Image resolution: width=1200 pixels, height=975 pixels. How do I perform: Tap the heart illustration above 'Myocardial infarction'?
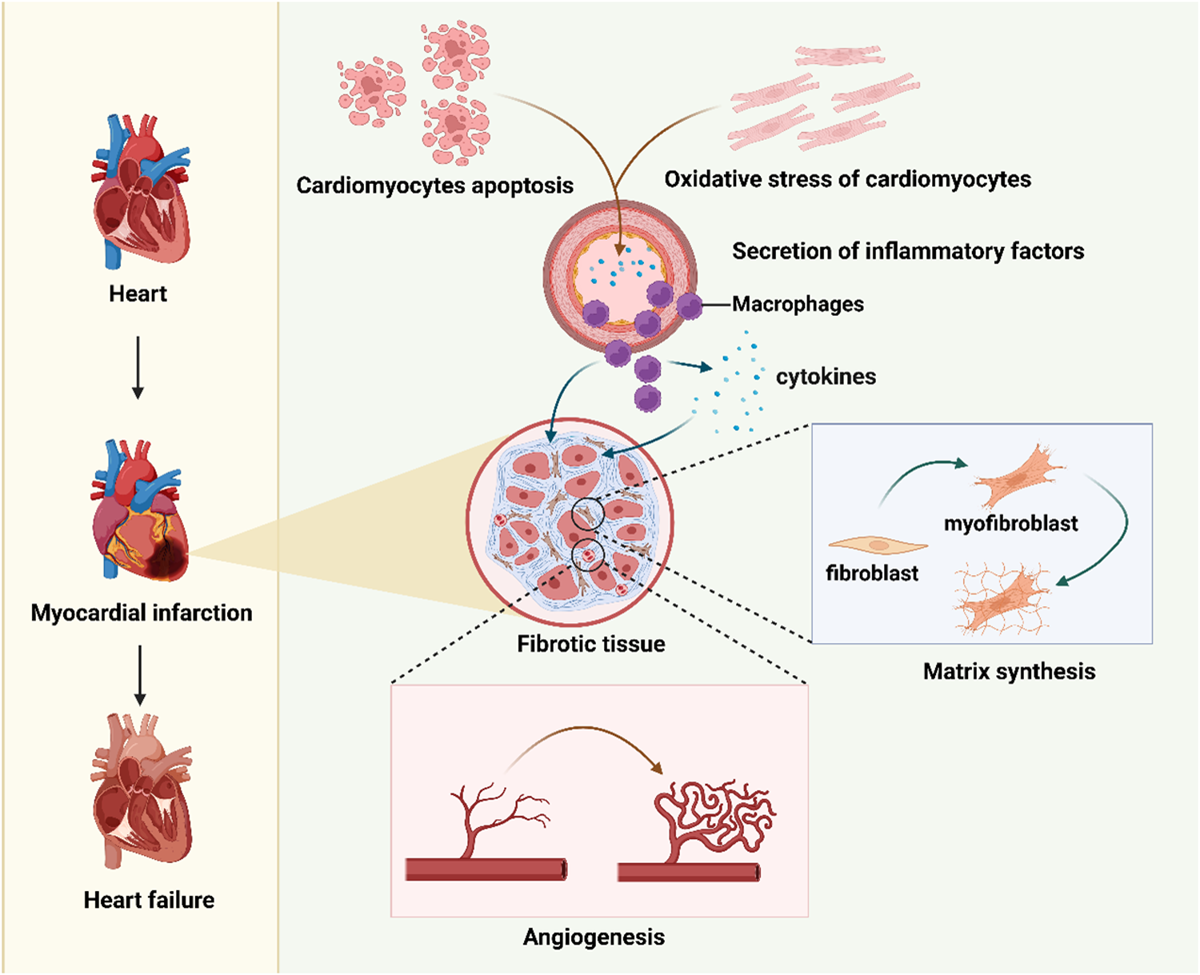(x=140, y=512)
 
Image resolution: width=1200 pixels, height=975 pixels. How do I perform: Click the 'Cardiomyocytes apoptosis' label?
(x=434, y=186)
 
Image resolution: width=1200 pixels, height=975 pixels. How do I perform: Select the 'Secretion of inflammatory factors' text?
(x=908, y=251)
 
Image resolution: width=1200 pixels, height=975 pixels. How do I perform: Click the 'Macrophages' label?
(x=798, y=304)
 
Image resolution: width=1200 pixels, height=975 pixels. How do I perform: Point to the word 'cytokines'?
(x=826, y=377)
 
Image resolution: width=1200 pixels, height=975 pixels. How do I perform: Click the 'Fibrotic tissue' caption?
(x=590, y=644)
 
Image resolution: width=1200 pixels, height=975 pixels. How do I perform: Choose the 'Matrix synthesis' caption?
(x=1009, y=671)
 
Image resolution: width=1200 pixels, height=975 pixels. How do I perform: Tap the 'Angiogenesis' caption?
(x=594, y=937)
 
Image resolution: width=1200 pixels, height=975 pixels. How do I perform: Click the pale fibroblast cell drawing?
(x=878, y=545)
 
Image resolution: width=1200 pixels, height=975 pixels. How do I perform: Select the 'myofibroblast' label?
(x=1010, y=524)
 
